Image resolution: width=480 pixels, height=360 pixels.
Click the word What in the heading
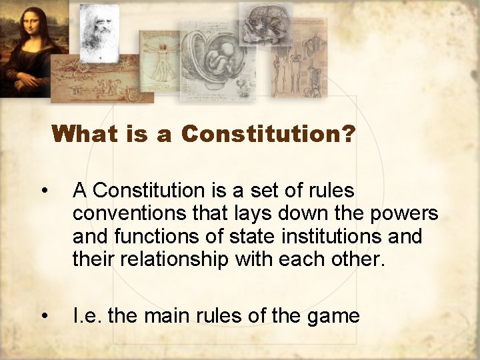pos(84,134)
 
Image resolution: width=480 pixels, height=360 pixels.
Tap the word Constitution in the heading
pos(261,134)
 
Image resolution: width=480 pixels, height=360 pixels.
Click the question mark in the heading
pos(347,134)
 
